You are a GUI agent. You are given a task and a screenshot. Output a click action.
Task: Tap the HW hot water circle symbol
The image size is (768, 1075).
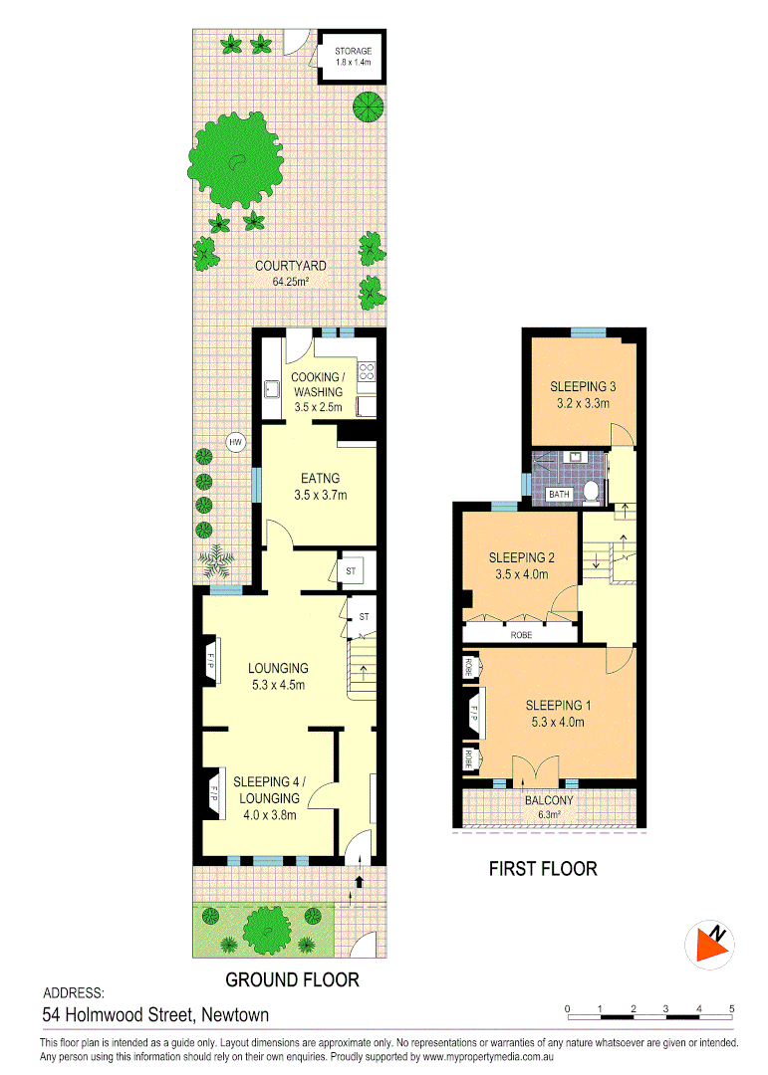coord(235,443)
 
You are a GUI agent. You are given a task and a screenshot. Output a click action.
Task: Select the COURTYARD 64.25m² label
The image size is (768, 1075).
coord(290,273)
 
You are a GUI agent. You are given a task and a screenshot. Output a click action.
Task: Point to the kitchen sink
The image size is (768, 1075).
coord(271,389)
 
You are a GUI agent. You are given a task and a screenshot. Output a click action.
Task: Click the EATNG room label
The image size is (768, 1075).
coord(320,486)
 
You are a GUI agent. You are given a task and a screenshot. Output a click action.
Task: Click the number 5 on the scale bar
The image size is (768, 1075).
coord(732,1009)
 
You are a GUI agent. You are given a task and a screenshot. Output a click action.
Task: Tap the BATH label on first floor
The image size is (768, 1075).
coord(561,494)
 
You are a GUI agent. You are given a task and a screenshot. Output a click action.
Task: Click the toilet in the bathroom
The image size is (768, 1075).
coord(591,490)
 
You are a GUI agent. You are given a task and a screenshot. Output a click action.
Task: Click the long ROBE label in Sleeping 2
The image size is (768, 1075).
coord(520,634)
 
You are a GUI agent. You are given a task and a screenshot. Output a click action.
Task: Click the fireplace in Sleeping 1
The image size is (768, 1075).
coord(473,714)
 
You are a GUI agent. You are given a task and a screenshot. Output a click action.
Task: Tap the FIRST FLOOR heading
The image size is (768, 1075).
coord(543,869)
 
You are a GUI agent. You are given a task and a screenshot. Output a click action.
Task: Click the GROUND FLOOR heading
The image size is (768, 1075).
coord(292,979)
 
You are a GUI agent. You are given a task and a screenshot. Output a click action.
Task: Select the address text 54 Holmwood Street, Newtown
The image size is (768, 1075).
coord(155,1015)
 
